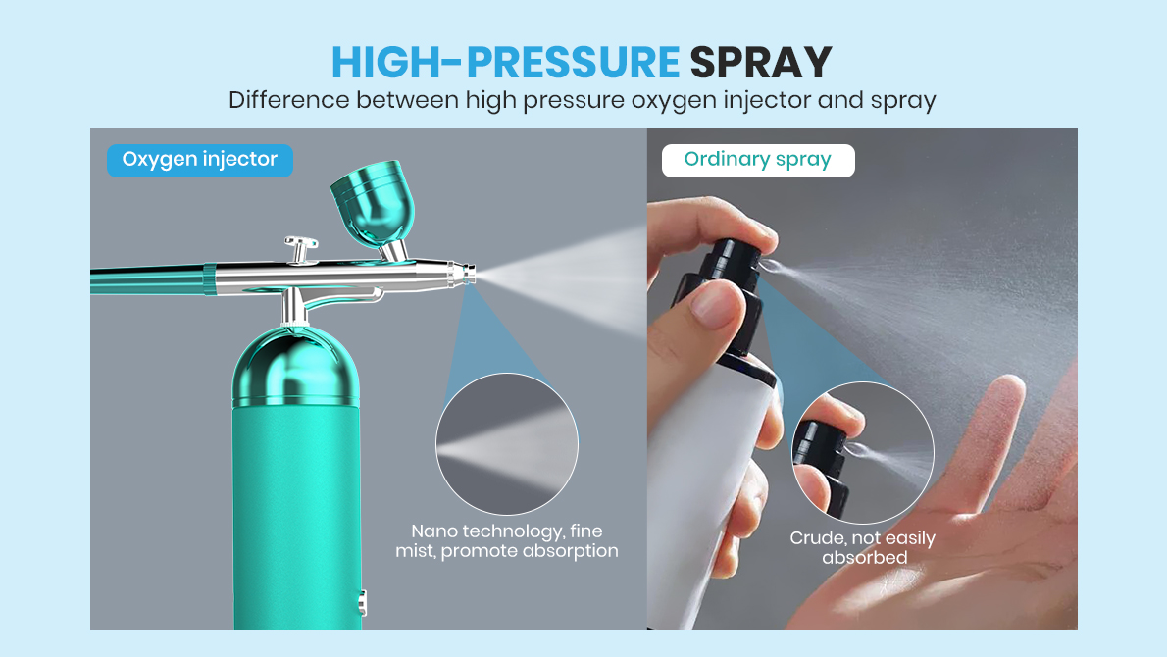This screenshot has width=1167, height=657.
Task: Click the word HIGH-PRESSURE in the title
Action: pos(505,62)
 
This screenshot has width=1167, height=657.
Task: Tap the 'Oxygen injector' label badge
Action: pos(200,160)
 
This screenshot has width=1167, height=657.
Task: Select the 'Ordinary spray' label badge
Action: pos(758,160)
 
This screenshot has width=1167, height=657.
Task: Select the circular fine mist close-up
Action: pos(507,444)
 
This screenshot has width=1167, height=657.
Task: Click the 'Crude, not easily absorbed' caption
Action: pos(863,548)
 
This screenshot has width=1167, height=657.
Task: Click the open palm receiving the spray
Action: pos(971,510)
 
